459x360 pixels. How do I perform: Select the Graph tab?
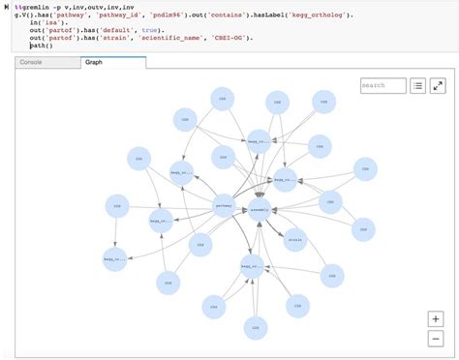tap(94, 62)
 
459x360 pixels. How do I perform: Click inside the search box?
tap(382, 86)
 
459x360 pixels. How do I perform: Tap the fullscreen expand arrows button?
tap(438, 86)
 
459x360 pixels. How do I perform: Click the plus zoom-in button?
tap(436, 319)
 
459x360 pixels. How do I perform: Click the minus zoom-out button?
tap(436, 338)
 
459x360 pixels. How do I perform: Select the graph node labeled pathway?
tap(223, 206)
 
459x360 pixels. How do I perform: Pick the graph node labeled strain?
tap(295, 238)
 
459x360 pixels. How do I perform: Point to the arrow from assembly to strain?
tap(277, 223)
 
